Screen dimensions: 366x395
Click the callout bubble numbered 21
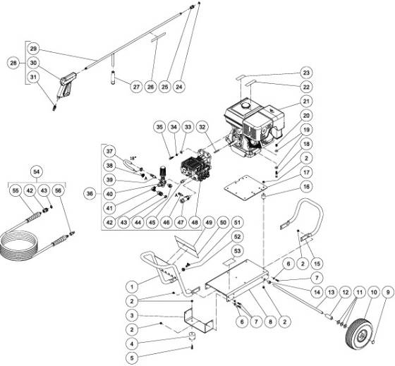pos(307,102)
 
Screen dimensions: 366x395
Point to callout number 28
pos(13,63)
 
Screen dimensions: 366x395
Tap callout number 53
pos(238,251)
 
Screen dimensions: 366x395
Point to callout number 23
pos(307,73)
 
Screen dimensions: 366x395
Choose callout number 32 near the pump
pos(203,127)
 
